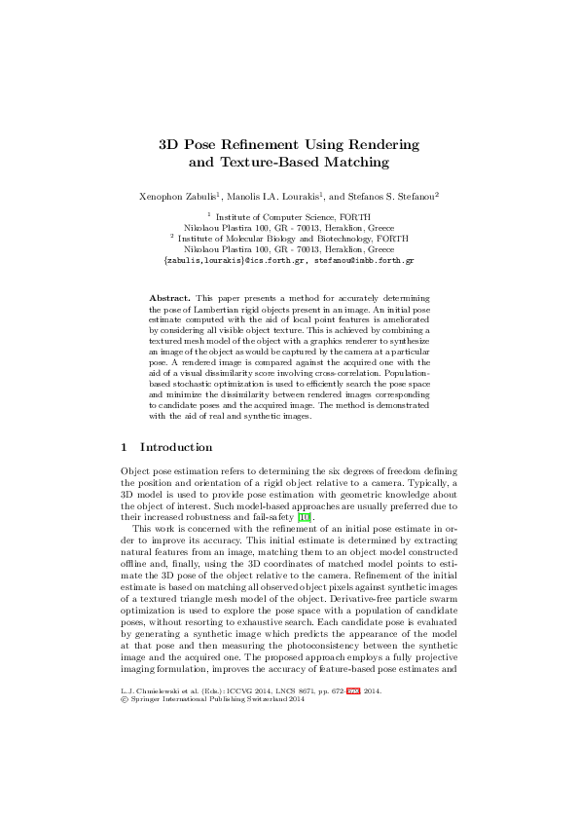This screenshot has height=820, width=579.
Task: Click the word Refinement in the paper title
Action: coord(257,144)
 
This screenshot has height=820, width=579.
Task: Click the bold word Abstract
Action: coord(169,296)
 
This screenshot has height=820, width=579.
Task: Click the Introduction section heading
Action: coord(176,448)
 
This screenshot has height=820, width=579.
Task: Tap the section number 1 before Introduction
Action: coord(124,448)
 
